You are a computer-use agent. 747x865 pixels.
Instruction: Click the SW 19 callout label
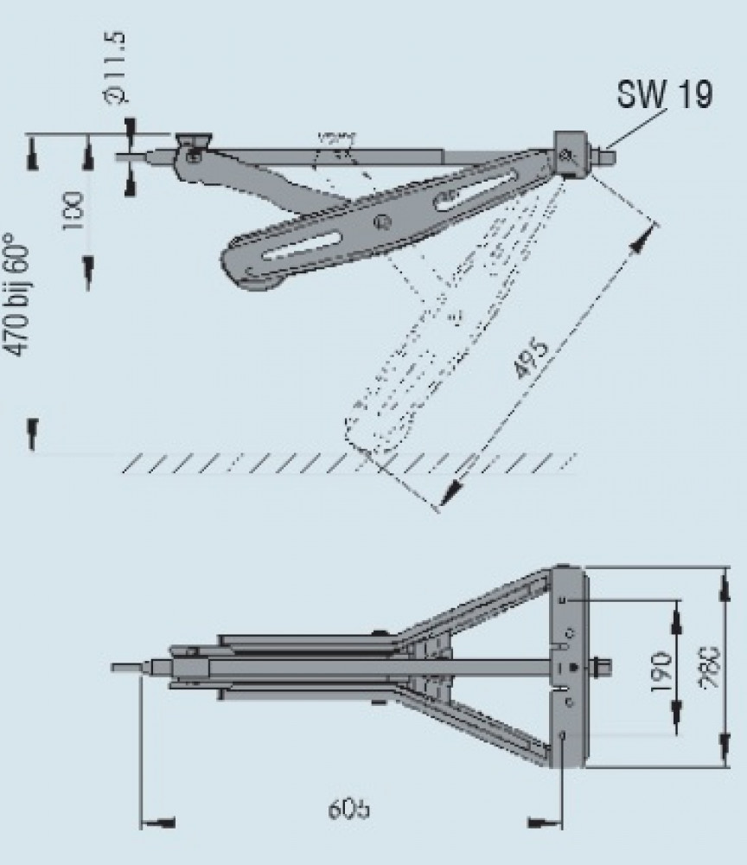[x=664, y=95]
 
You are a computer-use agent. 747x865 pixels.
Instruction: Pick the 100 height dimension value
[x=73, y=208]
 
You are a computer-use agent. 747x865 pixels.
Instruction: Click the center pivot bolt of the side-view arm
[x=378, y=222]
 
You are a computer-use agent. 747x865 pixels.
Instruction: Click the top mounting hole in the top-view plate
[x=563, y=599]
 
